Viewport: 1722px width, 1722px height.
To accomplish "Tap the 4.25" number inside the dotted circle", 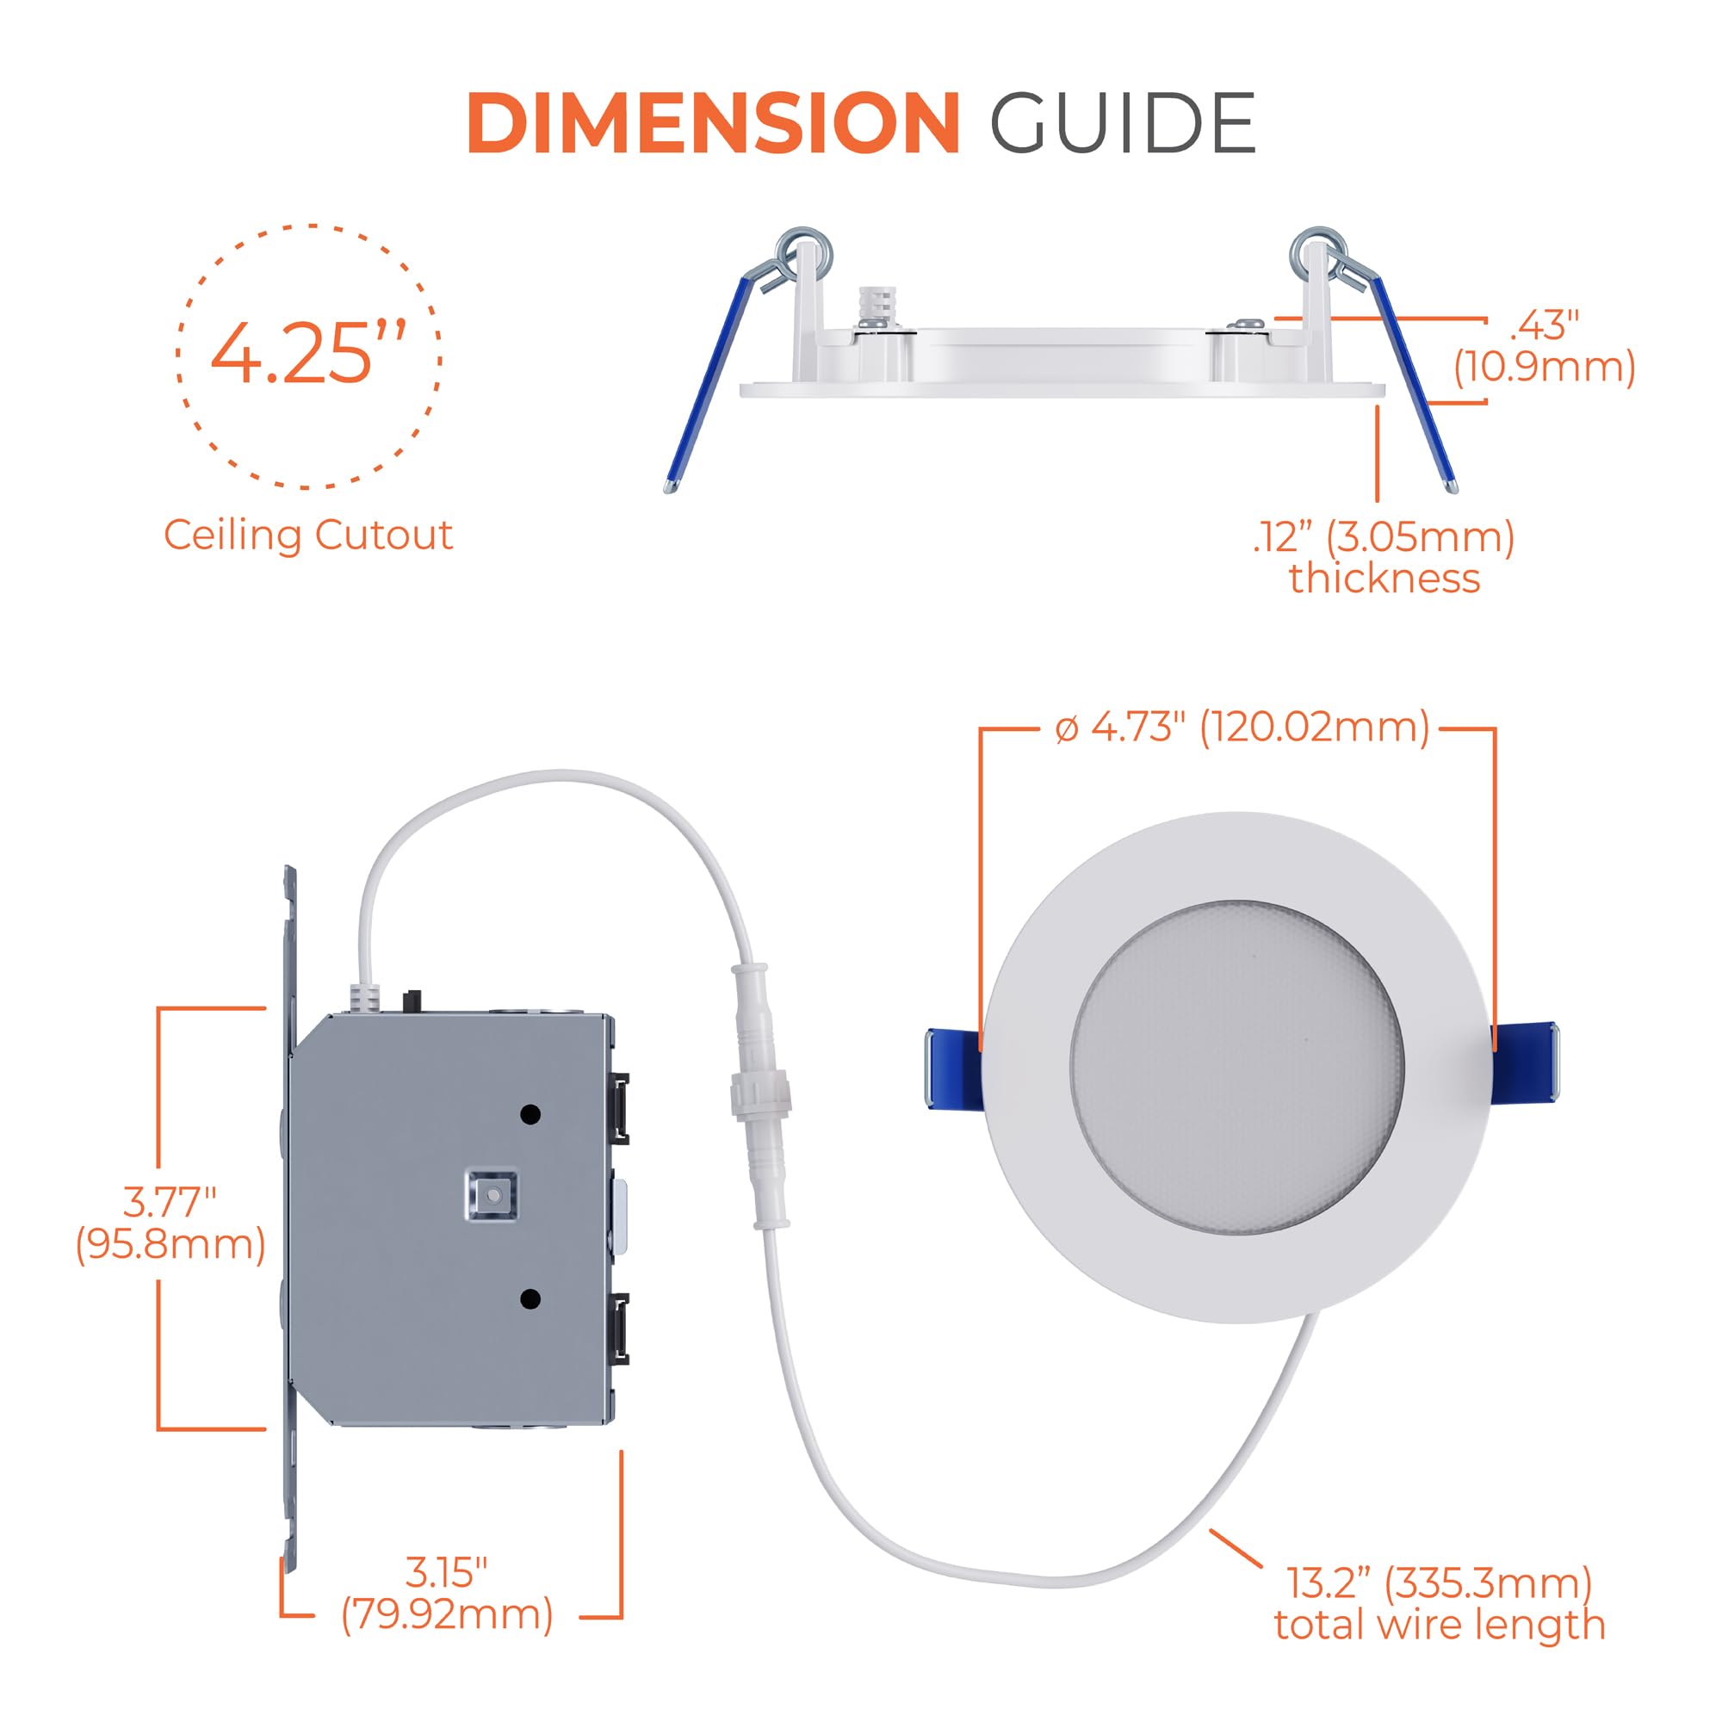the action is click(308, 353).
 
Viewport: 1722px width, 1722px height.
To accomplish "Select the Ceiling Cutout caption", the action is click(308, 535).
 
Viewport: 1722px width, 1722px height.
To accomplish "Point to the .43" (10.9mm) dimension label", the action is click(1545, 346).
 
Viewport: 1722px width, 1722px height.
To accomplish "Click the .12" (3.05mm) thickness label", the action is click(1384, 558).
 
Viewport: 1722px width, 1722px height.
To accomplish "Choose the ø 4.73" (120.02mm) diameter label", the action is click(1242, 728).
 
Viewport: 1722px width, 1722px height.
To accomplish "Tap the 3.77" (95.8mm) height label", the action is click(170, 1223).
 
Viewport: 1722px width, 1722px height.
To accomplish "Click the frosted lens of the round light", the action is click(1237, 1067).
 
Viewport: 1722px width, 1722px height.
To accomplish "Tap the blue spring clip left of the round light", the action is click(955, 1069).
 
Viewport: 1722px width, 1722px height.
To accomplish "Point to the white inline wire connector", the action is click(759, 1094).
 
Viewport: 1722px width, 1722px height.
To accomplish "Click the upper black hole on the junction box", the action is click(530, 1114).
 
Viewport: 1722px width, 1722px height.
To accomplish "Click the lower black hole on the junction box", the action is click(530, 1298).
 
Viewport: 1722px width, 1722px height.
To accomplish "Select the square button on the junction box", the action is click(489, 1193).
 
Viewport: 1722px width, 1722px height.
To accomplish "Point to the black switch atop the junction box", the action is click(412, 1000).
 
